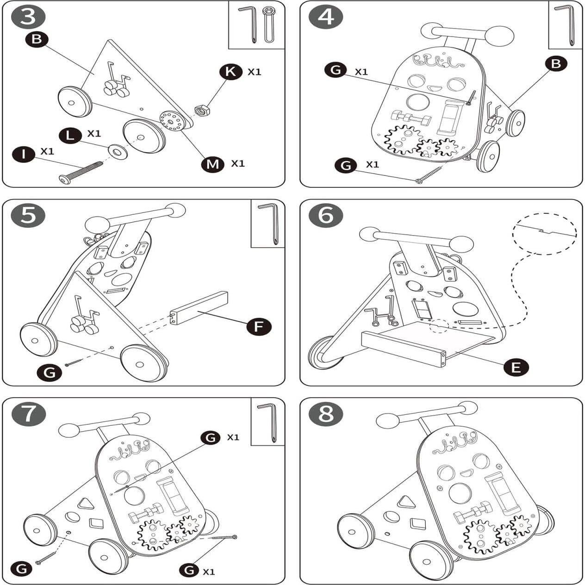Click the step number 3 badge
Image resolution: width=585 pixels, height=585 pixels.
28,17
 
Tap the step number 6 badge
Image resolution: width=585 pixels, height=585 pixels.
326,216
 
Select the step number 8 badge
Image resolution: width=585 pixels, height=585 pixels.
326,414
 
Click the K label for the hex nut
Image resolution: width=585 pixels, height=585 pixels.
231,72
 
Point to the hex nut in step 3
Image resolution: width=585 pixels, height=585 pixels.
202,110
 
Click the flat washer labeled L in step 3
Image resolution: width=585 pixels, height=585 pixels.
118,151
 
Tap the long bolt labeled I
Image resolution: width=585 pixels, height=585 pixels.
81,173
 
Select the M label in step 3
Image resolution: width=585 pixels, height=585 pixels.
212,164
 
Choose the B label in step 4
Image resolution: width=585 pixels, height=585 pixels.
556,64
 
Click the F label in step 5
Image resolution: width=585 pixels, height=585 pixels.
259,327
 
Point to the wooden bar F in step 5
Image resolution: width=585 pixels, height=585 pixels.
199,308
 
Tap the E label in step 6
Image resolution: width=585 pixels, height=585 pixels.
516,367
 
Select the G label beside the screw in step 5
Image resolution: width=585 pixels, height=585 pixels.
49,372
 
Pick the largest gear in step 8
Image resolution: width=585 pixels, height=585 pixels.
480,536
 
